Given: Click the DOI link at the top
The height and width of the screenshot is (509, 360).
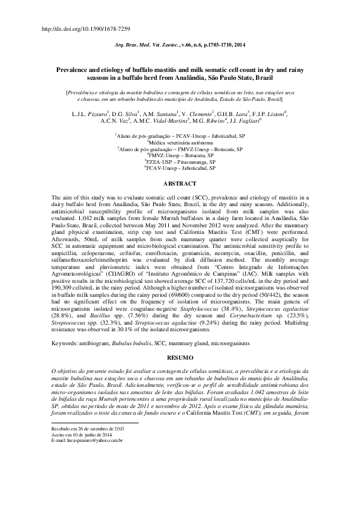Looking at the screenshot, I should [84, 29].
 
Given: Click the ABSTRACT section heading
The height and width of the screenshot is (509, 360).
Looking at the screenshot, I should [180, 183].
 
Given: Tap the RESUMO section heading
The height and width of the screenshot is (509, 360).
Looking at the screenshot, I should [180, 358].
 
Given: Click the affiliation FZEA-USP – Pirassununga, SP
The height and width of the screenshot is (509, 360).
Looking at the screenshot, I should [180, 162].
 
